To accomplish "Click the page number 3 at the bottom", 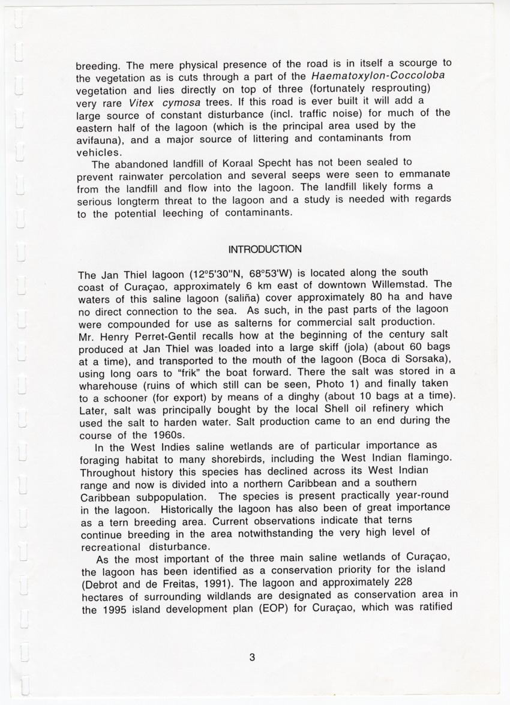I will coord(253,657).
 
